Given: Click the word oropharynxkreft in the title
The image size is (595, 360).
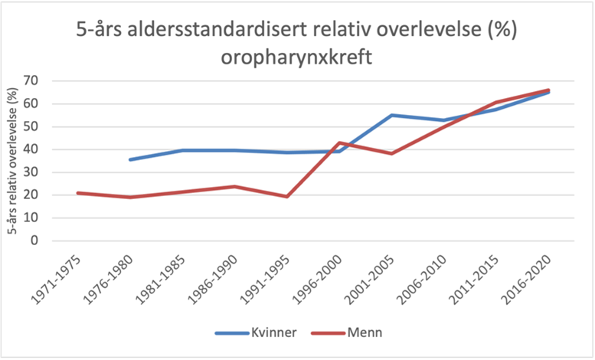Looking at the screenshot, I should click(296, 57).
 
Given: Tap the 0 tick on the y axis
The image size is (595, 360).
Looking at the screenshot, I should click(34, 241).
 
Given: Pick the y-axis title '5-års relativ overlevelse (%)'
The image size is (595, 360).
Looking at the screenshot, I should click(12, 161).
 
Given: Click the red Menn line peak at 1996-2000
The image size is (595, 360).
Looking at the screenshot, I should click(339, 142).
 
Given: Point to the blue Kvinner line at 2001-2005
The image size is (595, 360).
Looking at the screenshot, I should click(391, 116).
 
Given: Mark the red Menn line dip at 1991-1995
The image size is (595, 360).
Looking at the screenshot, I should click(286, 196).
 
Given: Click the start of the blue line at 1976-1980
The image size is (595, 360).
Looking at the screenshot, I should click(130, 159).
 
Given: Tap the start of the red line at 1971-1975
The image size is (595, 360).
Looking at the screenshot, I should click(78, 193).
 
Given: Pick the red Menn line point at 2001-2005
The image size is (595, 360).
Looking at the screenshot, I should click(391, 153).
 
